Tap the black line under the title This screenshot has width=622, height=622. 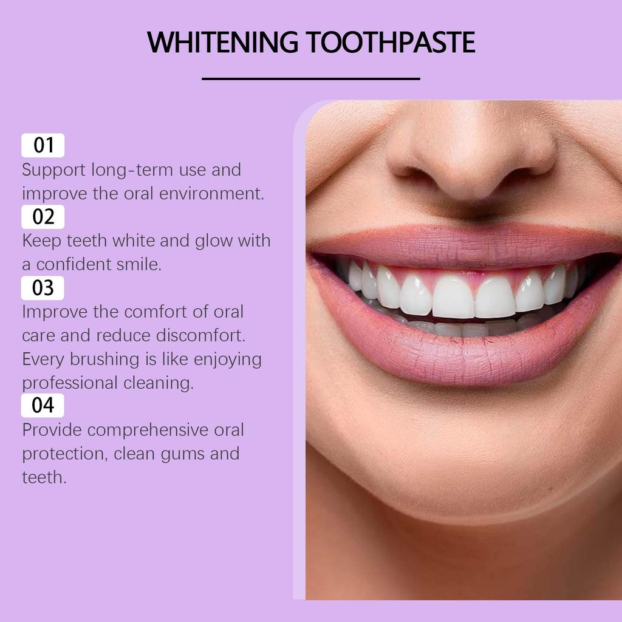pyautogui.click(x=310, y=78)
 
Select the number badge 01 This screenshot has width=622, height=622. pyautogui.click(x=43, y=145)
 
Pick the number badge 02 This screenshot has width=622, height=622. pyautogui.click(x=43, y=217)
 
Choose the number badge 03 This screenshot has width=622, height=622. pyautogui.click(x=43, y=288)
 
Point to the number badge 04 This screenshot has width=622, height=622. pyautogui.click(x=43, y=405)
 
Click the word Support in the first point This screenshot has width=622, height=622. pyautogui.click(x=54, y=170)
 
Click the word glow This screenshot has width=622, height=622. pyautogui.click(x=214, y=241)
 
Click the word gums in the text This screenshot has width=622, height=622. pyautogui.click(x=180, y=454)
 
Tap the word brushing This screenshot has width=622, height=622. pyautogui.click(x=105, y=359)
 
